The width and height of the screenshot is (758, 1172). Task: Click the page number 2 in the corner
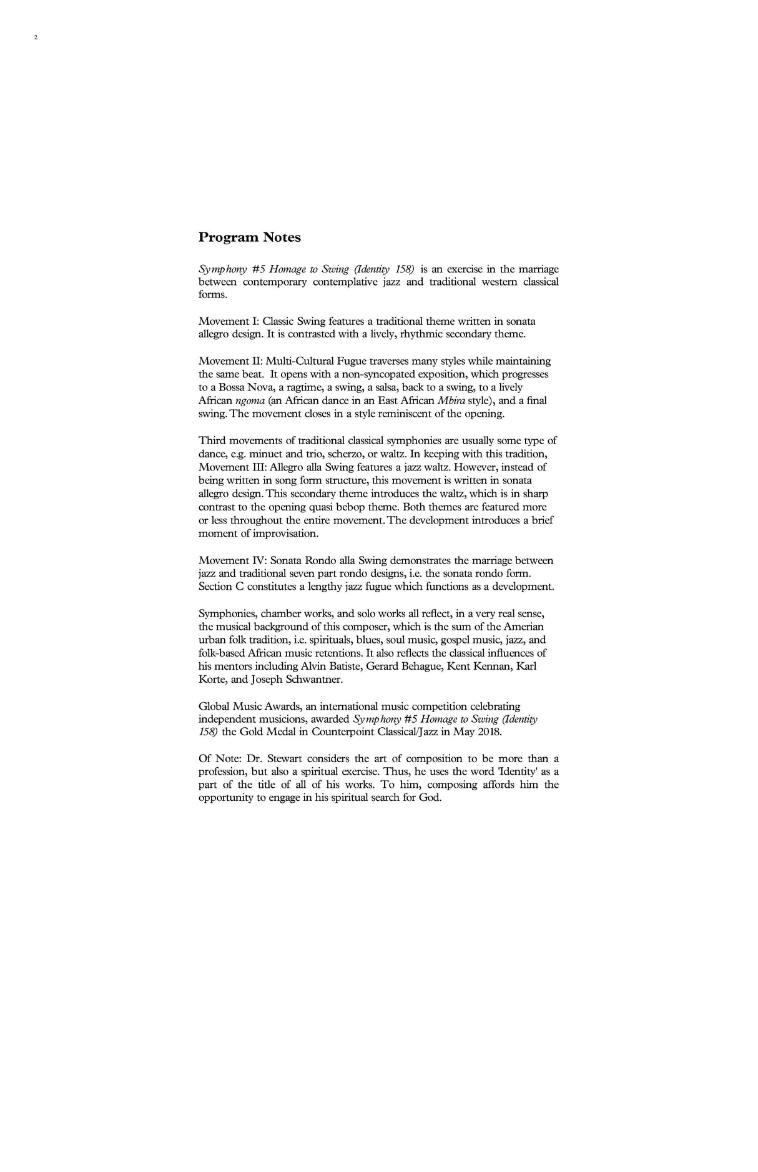[x=36, y=37]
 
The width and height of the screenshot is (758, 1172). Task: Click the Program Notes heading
[x=249, y=237]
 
